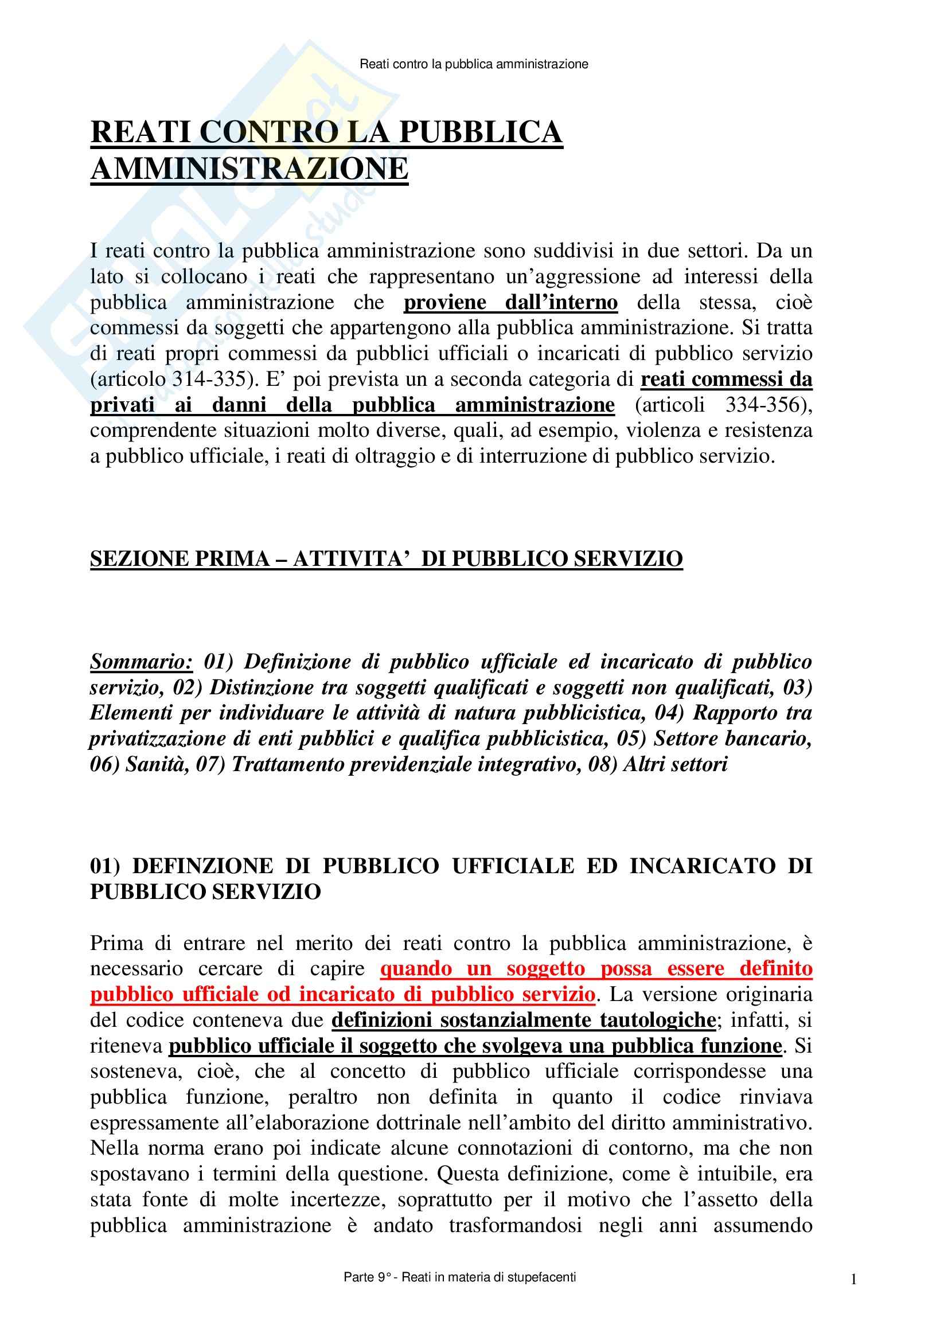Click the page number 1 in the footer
[x=853, y=1279]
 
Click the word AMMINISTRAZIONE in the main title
[x=249, y=169]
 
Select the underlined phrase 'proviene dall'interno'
[x=510, y=303]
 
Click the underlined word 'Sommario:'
[x=141, y=662]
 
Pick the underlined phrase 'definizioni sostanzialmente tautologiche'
[x=524, y=1021]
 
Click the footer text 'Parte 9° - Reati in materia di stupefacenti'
[x=460, y=1277]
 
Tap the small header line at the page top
[x=474, y=64]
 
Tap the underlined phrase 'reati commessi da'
[x=726, y=380]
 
